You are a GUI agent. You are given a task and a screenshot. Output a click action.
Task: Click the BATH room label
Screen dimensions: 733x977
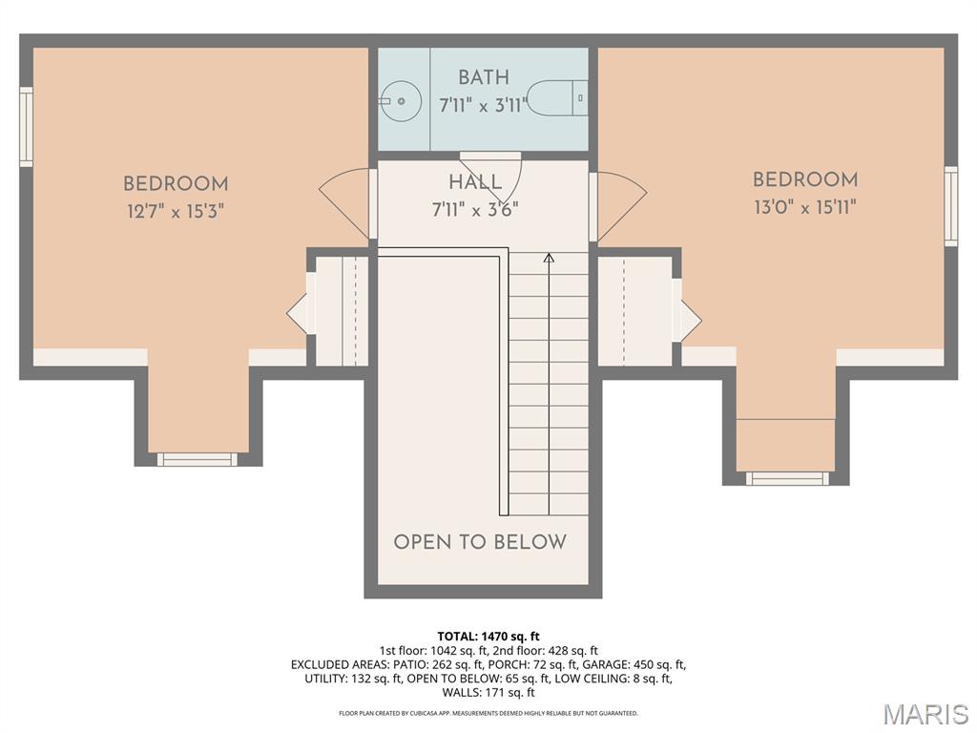coord(483,77)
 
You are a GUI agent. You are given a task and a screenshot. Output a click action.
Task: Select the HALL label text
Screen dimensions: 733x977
coord(475,182)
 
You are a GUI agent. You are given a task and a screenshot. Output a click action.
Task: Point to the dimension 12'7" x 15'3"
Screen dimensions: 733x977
coord(176,212)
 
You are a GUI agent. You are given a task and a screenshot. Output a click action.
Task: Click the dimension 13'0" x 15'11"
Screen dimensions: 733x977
coord(804,207)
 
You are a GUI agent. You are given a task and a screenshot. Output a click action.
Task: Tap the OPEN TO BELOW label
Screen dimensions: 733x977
coord(480,542)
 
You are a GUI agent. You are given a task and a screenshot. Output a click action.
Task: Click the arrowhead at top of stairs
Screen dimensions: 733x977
coord(549,257)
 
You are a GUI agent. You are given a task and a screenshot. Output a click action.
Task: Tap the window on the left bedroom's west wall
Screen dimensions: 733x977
coord(26,127)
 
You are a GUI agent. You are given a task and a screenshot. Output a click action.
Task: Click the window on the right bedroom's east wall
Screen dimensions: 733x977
coord(950,206)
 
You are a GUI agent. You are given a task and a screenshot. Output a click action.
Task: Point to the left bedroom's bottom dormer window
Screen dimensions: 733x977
coord(197,459)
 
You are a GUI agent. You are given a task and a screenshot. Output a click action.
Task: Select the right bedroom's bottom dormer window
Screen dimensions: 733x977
coord(787,478)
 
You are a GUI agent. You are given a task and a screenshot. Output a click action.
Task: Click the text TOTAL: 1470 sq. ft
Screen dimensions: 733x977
coord(488,636)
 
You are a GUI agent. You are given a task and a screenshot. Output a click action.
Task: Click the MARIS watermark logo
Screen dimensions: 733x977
coord(925,714)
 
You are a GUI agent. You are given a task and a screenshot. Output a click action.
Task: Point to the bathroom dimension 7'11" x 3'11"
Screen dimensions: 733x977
coord(483,105)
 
